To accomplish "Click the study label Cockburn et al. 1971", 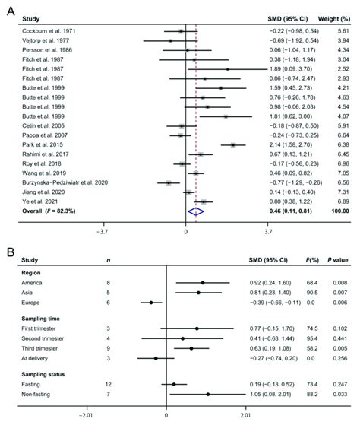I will point(46,30).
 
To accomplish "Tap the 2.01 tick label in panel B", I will point(245,416).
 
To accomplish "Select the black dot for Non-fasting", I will point(207,395).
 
